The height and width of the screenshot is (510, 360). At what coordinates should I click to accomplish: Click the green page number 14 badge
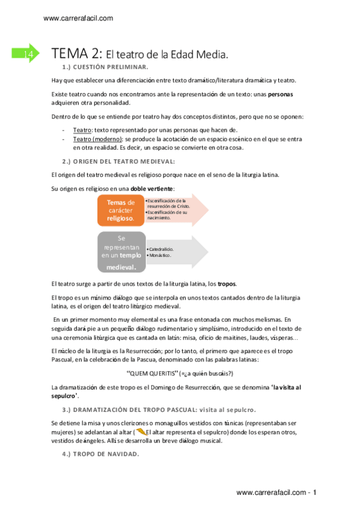click(26, 55)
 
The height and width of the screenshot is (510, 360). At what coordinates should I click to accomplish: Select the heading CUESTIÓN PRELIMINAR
click(109, 67)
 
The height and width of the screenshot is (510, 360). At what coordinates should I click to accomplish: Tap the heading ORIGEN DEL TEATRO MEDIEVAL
click(123, 161)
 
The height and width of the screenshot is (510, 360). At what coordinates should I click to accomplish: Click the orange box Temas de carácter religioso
click(120, 210)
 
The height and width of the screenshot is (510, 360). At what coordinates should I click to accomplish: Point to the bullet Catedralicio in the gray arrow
click(160, 248)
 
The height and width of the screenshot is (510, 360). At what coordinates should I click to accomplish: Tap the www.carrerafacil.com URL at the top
click(78, 19)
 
